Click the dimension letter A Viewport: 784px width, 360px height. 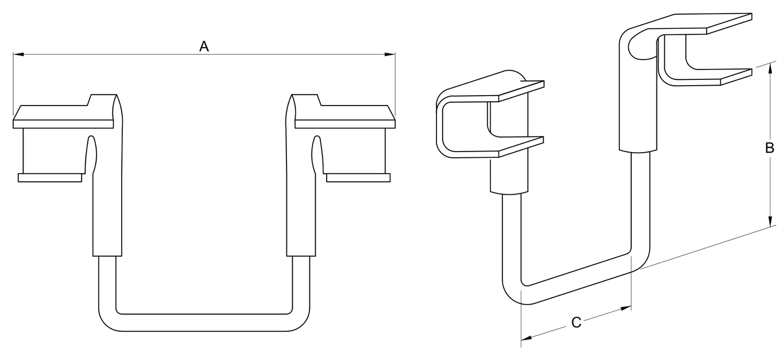pyautogui.click(x=204, y=46)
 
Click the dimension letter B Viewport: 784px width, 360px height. pyautogui.click(x=770, y=148)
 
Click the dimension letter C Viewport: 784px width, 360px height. pyautogui.click(x=576, y=322)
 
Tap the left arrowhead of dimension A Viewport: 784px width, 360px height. pyautogui.click(x=18, y=54)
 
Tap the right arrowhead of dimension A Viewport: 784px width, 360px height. pyautogui.click(x=390, y=54)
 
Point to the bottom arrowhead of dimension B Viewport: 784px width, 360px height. pyautogui.click(x=770, y=221)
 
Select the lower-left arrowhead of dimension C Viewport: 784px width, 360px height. pyautogui.click(x=526, y=338)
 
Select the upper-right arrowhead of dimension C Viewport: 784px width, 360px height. pyautogui.click(x=626, y=308)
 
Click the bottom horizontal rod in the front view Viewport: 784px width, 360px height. pyautogui.click(x=204, y=322)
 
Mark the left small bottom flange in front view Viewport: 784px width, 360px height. pyautogui.click(x=50, y=178)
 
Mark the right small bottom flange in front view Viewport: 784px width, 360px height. pyautogui.click(x=359, y=178)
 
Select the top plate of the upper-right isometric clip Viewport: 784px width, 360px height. pyautogui.click(x=697, y=24)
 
